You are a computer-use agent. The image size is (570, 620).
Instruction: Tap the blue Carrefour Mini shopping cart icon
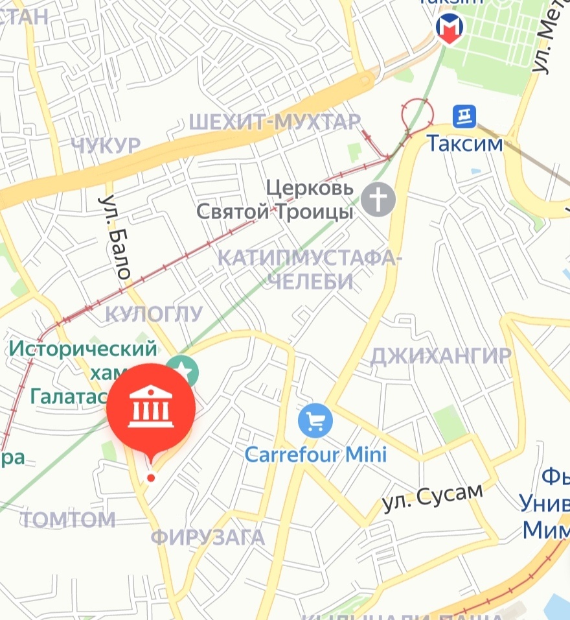point(315,421)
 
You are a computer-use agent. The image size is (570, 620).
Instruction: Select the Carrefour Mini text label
point(315,453)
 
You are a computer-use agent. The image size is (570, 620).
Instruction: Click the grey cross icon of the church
point(378,199)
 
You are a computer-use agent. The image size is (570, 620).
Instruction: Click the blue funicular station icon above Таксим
point(464,117)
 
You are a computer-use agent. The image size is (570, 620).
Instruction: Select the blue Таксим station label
point(464,143)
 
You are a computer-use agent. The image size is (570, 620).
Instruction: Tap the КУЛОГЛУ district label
point(154,315)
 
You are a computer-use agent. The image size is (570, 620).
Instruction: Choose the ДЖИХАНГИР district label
point(440,355)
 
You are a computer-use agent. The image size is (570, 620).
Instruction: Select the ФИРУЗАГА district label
point(208,537)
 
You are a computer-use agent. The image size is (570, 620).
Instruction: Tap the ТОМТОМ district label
point(68,519)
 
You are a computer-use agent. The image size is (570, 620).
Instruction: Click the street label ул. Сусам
point(432,497)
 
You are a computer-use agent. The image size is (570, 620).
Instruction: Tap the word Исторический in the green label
point(83,349)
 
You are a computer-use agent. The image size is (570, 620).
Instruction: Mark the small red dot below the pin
point(151,478)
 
